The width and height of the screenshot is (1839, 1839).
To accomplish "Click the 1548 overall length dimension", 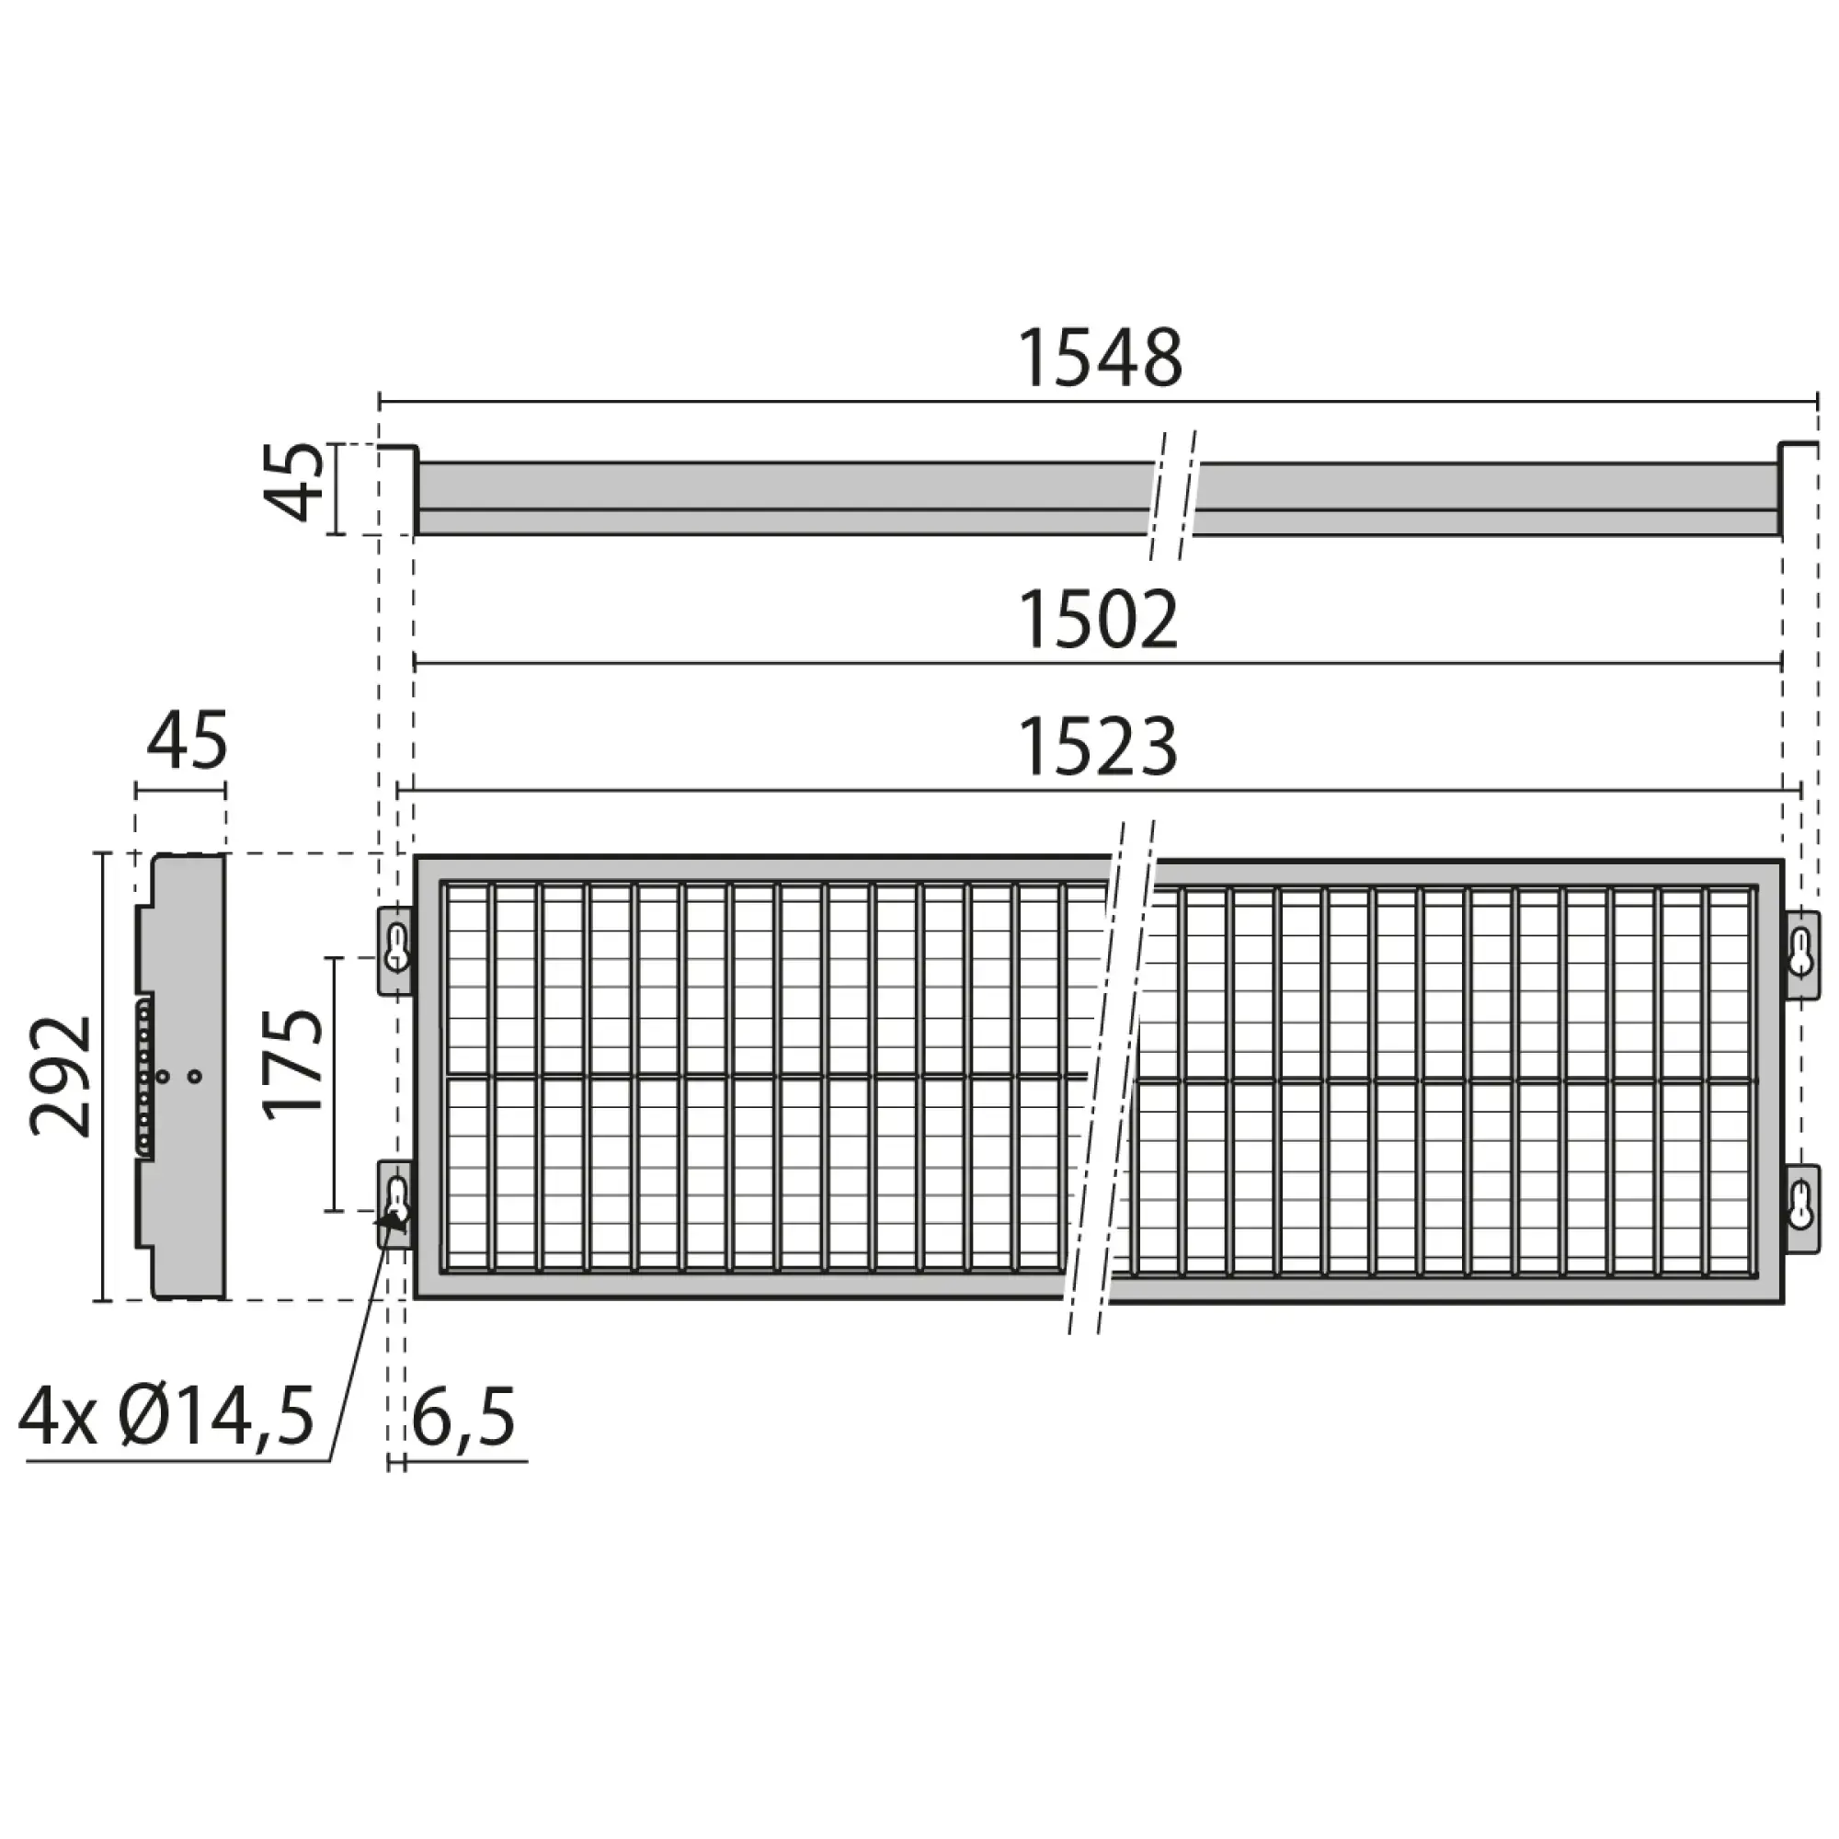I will tap(1100, 360).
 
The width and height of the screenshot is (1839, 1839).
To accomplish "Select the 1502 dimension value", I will tap(1100, 621).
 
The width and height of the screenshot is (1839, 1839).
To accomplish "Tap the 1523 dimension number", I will tap(1100, 748).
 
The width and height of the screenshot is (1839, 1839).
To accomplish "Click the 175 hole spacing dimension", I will tap(293, 1063).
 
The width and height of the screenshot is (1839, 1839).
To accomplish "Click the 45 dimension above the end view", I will tap(188, 739).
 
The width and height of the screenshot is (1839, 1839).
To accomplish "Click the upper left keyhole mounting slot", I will tap(398, 951).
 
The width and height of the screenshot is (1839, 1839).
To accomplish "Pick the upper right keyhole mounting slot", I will tap(1800, 953).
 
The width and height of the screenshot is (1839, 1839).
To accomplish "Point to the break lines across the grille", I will tap(1109, 1076).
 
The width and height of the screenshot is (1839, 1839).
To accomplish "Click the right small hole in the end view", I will tap(194, 1076).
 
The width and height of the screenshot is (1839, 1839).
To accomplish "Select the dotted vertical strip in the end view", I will tap(144, 1077).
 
